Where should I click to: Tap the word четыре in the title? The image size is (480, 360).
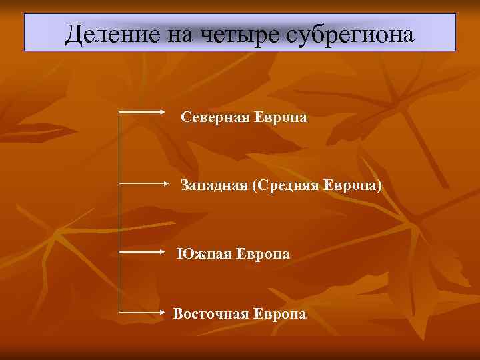(230, 33)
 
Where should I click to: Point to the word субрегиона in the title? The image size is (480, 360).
(347, 33)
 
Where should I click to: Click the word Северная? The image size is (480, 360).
(215, 118)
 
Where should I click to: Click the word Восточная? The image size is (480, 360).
(211, 313)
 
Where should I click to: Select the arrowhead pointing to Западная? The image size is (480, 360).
(170, 181)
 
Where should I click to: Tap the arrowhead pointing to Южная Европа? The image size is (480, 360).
(169, 252)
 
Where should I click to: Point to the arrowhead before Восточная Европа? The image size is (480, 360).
(169, 311)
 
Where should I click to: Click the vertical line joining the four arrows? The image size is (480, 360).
(119, 213)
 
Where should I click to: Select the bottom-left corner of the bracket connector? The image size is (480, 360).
(119, 311)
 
